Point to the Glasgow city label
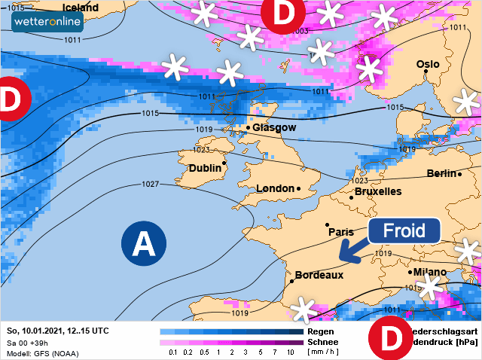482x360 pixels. coord(275,128)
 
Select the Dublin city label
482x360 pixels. coord(205,168)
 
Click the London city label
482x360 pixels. coord(276,188)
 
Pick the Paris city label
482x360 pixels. coord(341,232)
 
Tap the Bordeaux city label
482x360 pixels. coord(319,276)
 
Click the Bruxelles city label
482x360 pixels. coord(377,192)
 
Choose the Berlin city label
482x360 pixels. coord(442,174)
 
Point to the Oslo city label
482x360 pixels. coord(428,65)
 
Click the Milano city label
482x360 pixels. coord(430,272)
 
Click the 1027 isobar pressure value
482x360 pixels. coord(151,185)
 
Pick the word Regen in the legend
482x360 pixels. coord(320,331)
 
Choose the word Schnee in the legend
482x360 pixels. coord(323,341)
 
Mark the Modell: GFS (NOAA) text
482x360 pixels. coord(42,353)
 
